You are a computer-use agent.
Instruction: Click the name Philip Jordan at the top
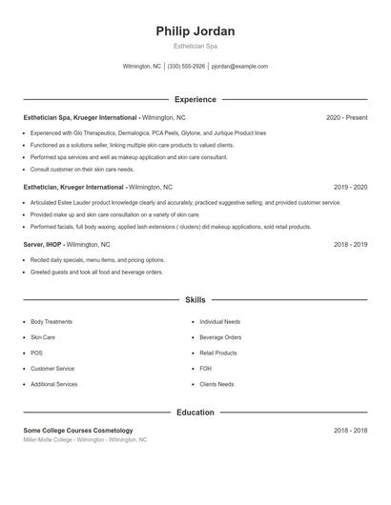click(x=195, y=31)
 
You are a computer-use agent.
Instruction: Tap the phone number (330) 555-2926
click(x=187, y=67)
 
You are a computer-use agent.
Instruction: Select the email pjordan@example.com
click(x=239, y=67)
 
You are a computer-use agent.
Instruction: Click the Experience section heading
click(x=195, y=99)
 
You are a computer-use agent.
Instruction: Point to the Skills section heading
click(x=195, y=300)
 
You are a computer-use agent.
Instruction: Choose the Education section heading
click(x=195, y=413)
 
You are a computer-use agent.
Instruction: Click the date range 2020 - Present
click(x=346, y=117)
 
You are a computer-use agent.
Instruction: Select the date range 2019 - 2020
click(x=350, y=188)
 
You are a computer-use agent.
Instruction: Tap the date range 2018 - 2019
click(x=350, y=245)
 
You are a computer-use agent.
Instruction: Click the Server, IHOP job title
click(x=45, y=245)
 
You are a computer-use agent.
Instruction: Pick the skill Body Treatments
click(x=51, y=322)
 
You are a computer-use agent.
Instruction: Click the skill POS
click(x=36, y=353)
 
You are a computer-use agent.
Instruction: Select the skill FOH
click(x=205, y=369)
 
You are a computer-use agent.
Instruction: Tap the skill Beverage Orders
click(x=220, y=337)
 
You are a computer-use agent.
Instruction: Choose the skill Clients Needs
click(x=216, y=384)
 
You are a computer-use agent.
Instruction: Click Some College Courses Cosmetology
click(x=78, y=431)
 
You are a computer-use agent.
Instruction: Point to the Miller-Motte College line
click(x=85, y=440)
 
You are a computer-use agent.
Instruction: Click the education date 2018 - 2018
click(x=350, y=431)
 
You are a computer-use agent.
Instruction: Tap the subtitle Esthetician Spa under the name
click(x=195, y=46)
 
